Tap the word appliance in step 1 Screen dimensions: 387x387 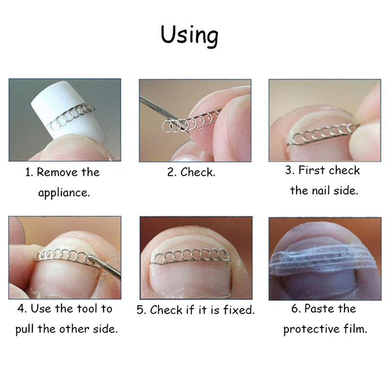(64, 193)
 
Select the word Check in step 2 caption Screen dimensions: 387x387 (197, 172)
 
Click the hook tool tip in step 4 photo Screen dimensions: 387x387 (89, 258)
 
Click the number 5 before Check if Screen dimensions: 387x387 (140, 310)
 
